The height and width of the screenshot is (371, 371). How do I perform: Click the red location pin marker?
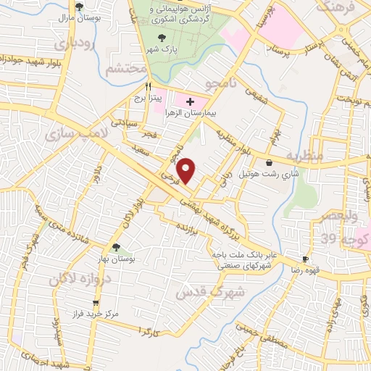(x=187, y=170)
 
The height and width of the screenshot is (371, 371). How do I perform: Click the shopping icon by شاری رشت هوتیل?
(x=270, y=162)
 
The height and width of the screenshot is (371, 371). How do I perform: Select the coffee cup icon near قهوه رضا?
(x=305, y=259)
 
